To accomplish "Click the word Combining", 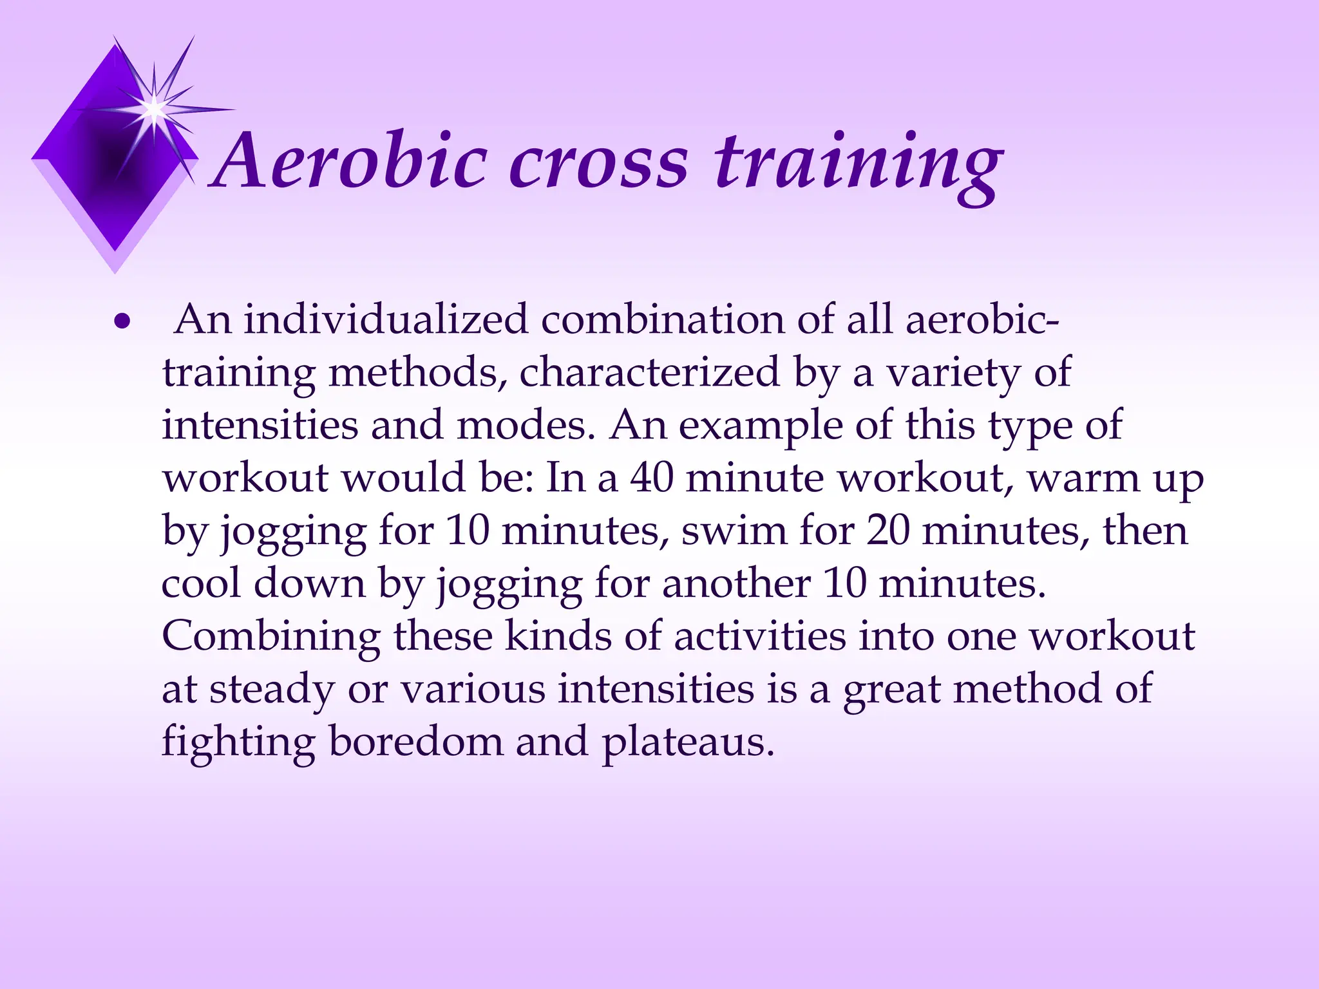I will [270, 637].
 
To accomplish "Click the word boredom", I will [415, 742].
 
